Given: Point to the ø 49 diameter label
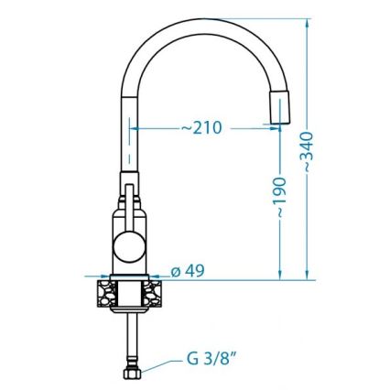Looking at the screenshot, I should pos(187,272).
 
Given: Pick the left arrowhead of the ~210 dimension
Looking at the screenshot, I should pos(137,129).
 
